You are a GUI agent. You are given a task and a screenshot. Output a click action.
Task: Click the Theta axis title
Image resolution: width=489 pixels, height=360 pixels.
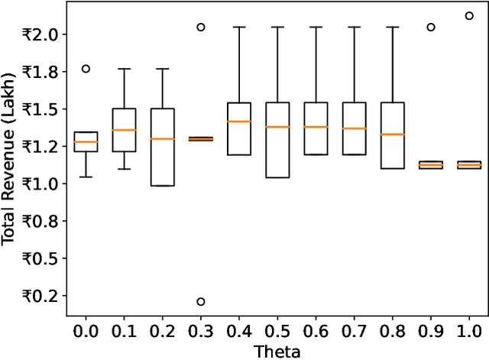(277, 352)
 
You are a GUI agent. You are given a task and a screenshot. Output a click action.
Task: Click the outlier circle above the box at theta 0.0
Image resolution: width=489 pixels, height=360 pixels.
(86, 69)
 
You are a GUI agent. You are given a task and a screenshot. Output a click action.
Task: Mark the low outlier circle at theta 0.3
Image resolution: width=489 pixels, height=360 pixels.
(201, 302)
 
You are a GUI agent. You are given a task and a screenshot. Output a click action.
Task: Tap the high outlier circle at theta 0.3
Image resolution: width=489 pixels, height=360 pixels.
(201, 27)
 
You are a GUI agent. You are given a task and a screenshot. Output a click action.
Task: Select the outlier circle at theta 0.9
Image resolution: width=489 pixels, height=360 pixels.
(431, 27)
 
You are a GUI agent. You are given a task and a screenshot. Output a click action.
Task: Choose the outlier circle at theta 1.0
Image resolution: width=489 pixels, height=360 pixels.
(469, 15)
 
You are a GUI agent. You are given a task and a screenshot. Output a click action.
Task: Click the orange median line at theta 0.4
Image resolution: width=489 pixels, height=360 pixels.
(239, 122)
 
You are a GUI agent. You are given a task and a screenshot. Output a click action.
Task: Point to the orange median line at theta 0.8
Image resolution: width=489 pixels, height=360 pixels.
(393, 135)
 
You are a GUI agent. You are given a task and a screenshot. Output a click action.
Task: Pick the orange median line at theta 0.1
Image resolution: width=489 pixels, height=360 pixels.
(124, 130)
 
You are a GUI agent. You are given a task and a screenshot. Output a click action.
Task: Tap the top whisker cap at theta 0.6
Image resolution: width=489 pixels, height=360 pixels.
(316, 27)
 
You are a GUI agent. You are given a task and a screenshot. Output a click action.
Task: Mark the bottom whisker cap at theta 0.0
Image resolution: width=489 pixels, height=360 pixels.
(86, 177)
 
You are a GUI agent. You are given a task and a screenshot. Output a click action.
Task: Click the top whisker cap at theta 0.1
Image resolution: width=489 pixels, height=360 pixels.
(124, 69)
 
